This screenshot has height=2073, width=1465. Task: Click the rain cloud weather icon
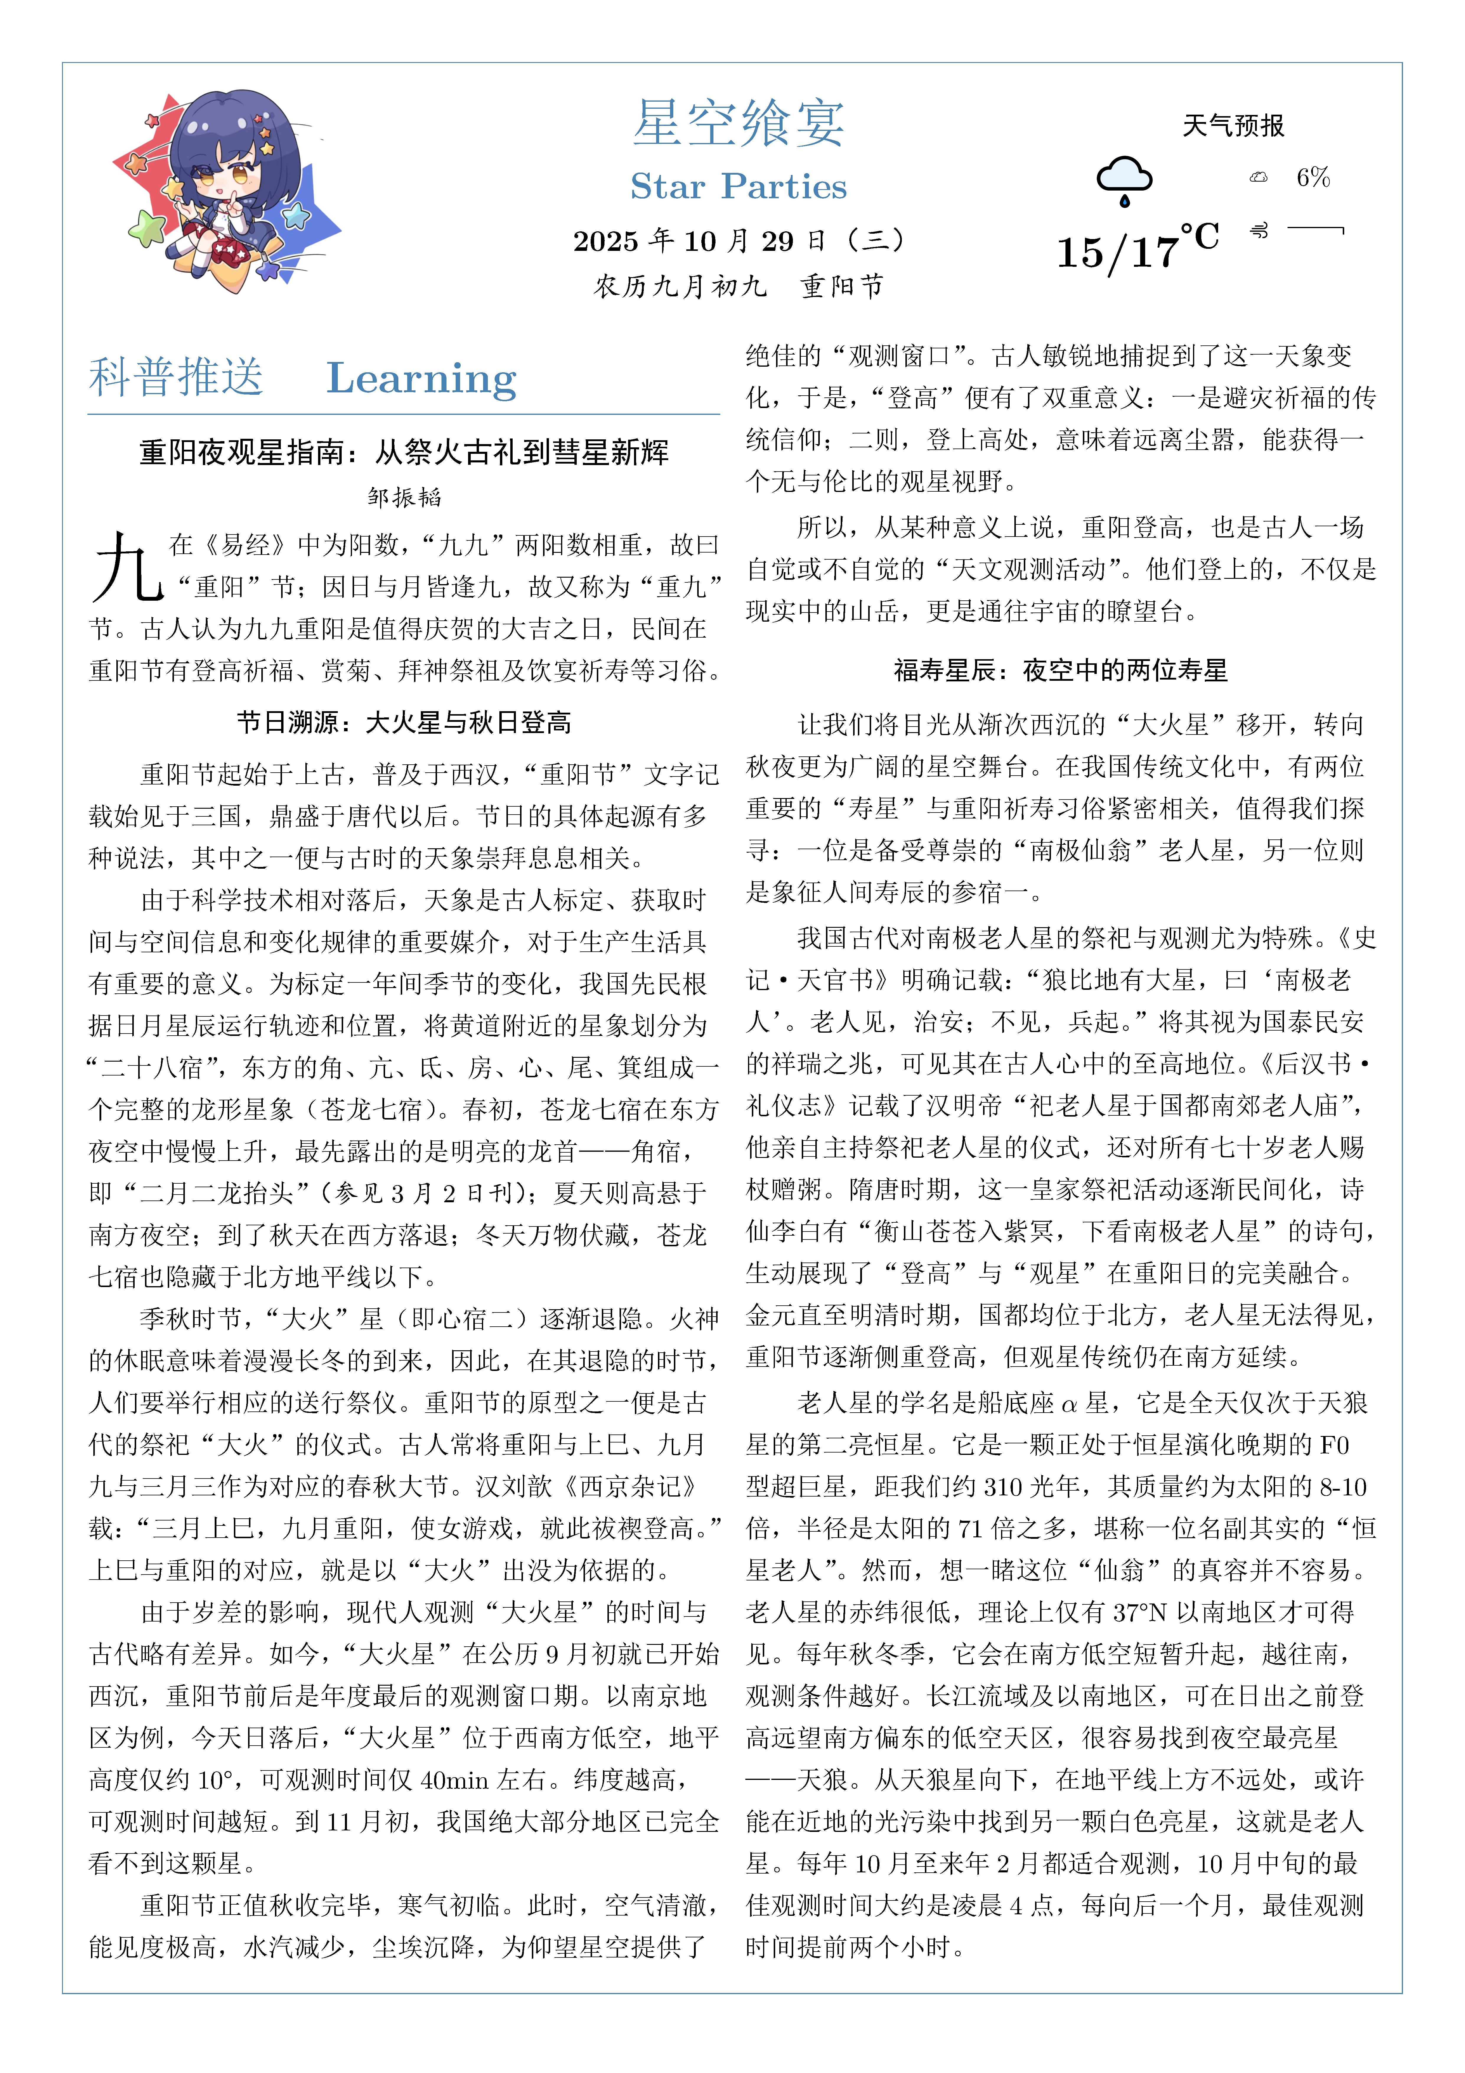[x=1124, y=179]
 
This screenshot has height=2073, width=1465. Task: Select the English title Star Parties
[x=738, y=187]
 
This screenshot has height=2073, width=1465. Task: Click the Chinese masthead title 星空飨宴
[x=738, y=124]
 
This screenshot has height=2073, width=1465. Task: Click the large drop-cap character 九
[x=127, y=567]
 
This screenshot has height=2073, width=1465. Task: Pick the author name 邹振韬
[x=404, y=497]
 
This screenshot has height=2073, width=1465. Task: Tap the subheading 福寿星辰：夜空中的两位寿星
[x=1061, y=670]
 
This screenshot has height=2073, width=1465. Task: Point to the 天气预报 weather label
[x=1233, y=126]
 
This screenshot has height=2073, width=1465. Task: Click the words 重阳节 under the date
[x=841, y=286]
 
